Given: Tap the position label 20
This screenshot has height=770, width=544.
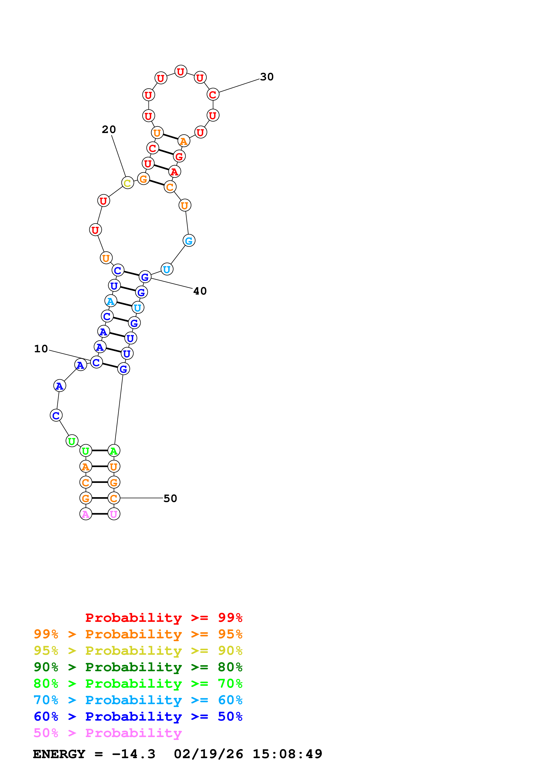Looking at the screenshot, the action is pos(109,130).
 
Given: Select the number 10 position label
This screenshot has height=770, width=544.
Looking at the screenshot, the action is pos(41,349).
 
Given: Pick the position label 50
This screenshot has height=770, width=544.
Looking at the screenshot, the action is pos(170,498).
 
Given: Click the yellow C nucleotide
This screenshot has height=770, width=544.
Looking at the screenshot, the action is pos(127,183).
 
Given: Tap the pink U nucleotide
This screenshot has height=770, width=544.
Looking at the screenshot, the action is pos(114,514).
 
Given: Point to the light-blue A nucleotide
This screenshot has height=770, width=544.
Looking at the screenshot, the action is pos(111,301).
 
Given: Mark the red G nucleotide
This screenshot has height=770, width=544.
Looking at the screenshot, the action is pos(179,156).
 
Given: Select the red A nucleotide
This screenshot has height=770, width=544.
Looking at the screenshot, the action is pos(174,172).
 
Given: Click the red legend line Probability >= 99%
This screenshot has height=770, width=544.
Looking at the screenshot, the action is pos(163,618).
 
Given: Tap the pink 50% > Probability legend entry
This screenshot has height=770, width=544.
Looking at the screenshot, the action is pos(108,733).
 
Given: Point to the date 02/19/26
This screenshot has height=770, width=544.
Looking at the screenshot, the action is pos(208,754).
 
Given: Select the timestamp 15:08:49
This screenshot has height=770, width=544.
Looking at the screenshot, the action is pos(287,754).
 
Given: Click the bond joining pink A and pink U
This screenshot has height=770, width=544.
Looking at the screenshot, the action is pos(100,514).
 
